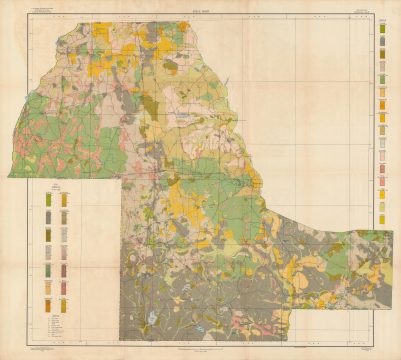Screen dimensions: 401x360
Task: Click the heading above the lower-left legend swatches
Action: coord(57,187)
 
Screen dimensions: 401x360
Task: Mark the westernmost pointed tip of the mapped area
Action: coord(9,176)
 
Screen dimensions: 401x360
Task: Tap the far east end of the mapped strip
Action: coord(391,235)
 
